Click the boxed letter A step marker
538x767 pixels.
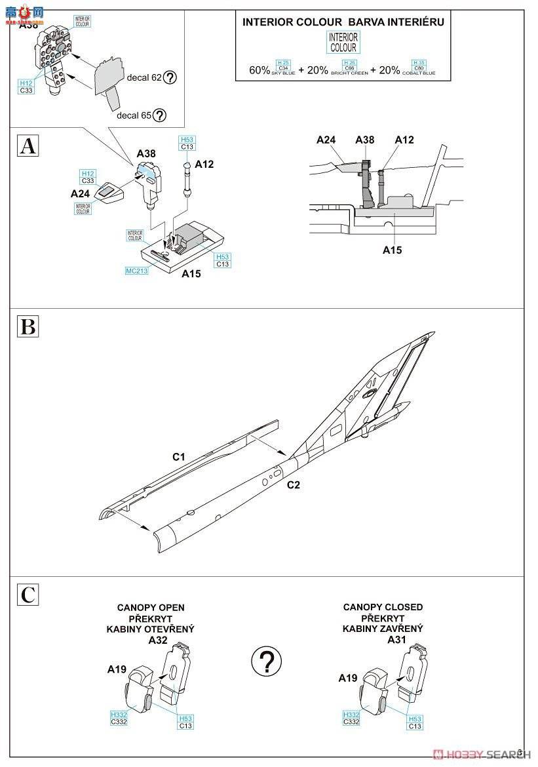point(28,146)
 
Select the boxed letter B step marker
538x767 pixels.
point(28,326)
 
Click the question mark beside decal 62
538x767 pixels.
point(170,77)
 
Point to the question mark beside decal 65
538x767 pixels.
point(159,115)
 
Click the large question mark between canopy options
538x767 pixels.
point(266,661)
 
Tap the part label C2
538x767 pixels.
point(293,485)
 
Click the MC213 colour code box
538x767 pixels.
point(137,270)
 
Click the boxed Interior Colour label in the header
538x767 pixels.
point(343,43)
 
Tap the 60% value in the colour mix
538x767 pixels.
point(259,70)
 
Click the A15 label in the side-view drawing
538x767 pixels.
point(393,250)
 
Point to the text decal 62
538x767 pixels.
point(144,77)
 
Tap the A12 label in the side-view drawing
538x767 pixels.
point(404,140)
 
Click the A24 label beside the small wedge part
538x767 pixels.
point(80,193)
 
